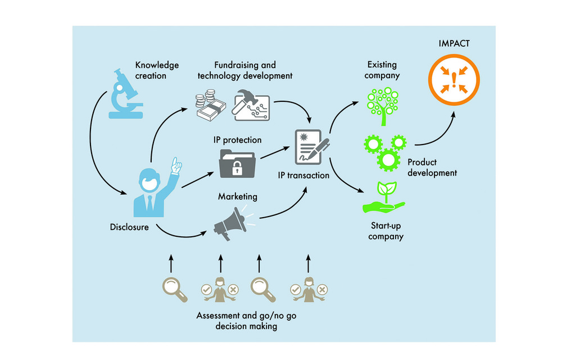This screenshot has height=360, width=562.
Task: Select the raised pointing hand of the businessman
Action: [x=176, y=165]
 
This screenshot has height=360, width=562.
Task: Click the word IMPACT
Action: [x=455, y=43]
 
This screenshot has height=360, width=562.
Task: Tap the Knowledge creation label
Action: [x=157, y=71]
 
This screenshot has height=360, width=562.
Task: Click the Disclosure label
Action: [x=129, y=227]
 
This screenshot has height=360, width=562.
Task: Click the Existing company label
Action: [x=382, y=71]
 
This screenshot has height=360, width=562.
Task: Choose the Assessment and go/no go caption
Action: [x=246, y=321]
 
